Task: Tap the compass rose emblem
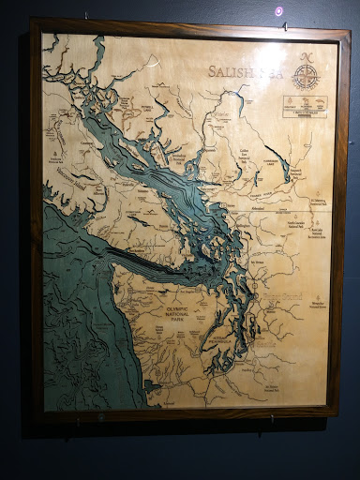(x=307, y=82)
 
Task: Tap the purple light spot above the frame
(x=277, y=10)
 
